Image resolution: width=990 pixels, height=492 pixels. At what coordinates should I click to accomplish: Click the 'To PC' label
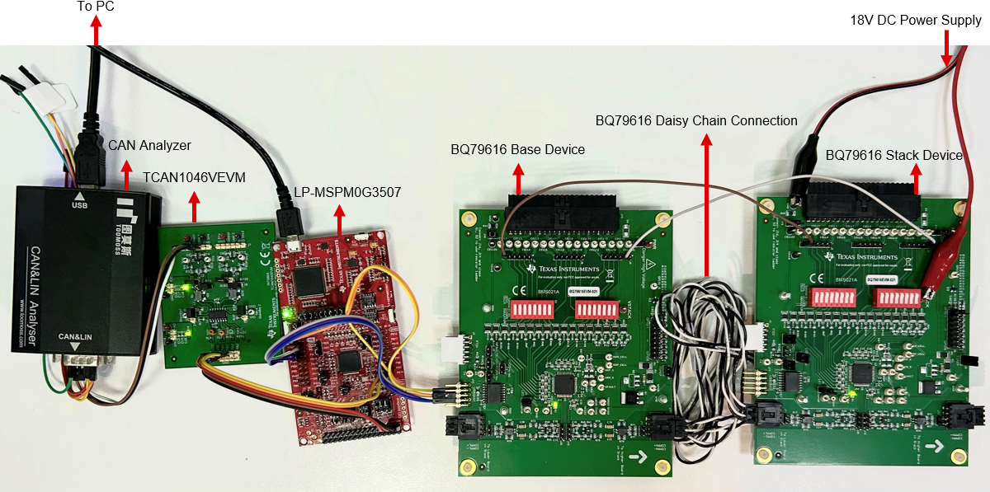96,7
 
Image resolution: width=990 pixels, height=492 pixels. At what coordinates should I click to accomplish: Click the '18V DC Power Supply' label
916,19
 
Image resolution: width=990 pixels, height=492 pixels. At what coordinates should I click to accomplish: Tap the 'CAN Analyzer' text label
149,145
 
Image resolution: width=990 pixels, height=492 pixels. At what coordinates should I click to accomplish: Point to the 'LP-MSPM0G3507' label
347,192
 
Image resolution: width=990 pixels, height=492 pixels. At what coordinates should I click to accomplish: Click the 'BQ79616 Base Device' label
517,149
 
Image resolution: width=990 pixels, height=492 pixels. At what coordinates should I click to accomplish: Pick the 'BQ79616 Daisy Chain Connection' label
696,120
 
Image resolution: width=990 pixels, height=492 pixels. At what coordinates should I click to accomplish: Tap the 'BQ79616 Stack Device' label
893,155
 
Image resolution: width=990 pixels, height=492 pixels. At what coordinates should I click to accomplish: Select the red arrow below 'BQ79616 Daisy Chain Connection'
707,206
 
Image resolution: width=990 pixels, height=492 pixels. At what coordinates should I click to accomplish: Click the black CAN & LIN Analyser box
78,272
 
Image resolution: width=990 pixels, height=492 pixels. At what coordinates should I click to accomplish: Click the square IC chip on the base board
566,384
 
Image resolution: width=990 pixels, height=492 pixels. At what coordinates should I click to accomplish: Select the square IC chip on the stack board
863,373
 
